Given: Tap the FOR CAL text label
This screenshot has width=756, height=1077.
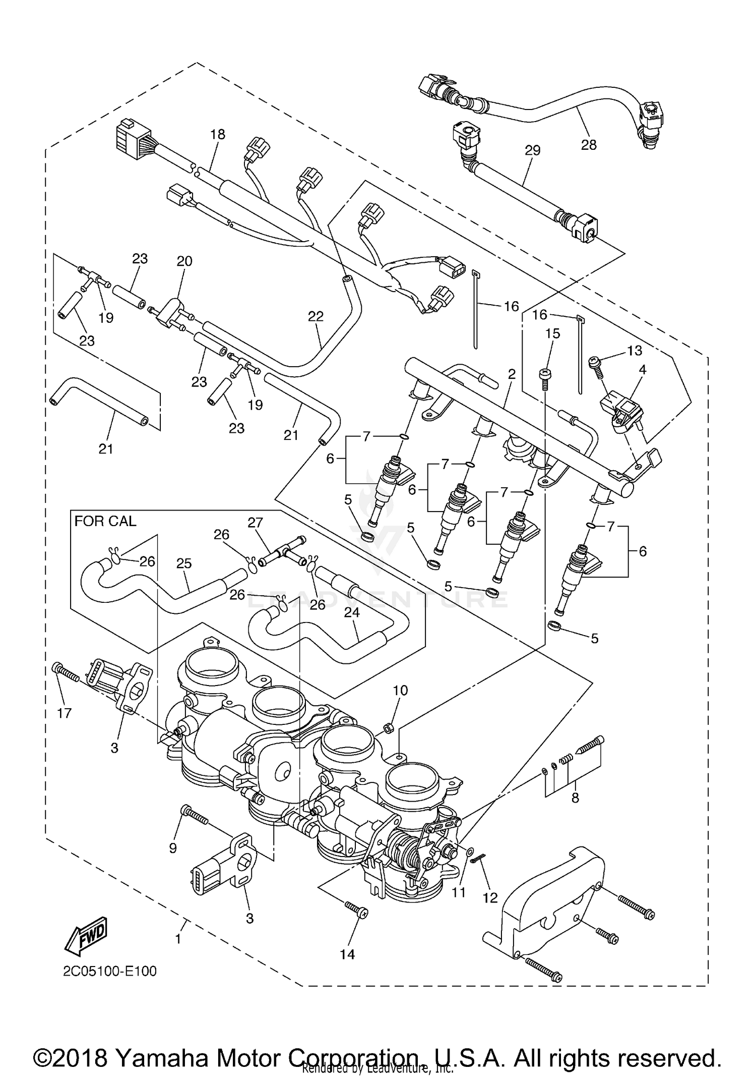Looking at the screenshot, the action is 105,521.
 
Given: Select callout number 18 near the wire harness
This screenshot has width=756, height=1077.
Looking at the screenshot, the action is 218,134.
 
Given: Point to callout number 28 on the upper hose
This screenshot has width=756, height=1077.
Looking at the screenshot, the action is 588,145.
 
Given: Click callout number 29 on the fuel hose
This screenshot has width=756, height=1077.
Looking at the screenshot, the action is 532,150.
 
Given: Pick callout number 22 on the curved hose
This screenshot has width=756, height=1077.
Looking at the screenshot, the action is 316,316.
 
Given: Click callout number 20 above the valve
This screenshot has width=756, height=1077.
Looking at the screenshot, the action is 184,261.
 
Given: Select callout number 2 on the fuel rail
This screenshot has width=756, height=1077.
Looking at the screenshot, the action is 512,374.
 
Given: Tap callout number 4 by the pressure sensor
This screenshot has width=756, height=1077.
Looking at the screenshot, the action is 642,370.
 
